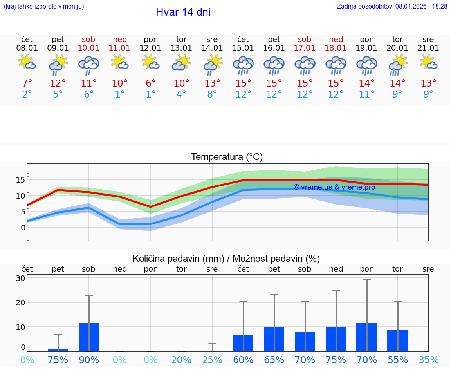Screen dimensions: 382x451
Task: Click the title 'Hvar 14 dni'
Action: pos(183,12)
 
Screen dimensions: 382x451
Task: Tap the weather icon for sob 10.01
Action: pos(89,65)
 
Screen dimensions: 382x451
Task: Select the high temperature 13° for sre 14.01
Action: pos(212,83)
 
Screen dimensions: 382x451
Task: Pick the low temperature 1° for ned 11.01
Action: pos(120,94)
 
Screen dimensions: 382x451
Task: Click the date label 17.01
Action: pos(305,48)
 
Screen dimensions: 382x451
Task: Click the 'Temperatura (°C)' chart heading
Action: pos(227,157)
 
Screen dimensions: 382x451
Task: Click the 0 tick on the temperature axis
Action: pos(23,228)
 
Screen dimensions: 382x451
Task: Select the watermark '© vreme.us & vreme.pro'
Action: pos(334,187)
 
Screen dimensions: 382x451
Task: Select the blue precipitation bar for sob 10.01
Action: pos(89,337)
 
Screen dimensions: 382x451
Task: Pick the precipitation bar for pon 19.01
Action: pos(367,337)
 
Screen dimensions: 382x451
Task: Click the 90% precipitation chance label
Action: pos(89,360)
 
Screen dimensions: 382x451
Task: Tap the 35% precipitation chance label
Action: pos(428,360)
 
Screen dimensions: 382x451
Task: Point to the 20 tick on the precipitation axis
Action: pos(20,302)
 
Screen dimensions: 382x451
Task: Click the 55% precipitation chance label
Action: pos(398,360)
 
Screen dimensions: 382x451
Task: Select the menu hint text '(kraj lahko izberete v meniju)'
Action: pos(44,6)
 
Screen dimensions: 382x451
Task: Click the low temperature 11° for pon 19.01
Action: pos(367,94)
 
